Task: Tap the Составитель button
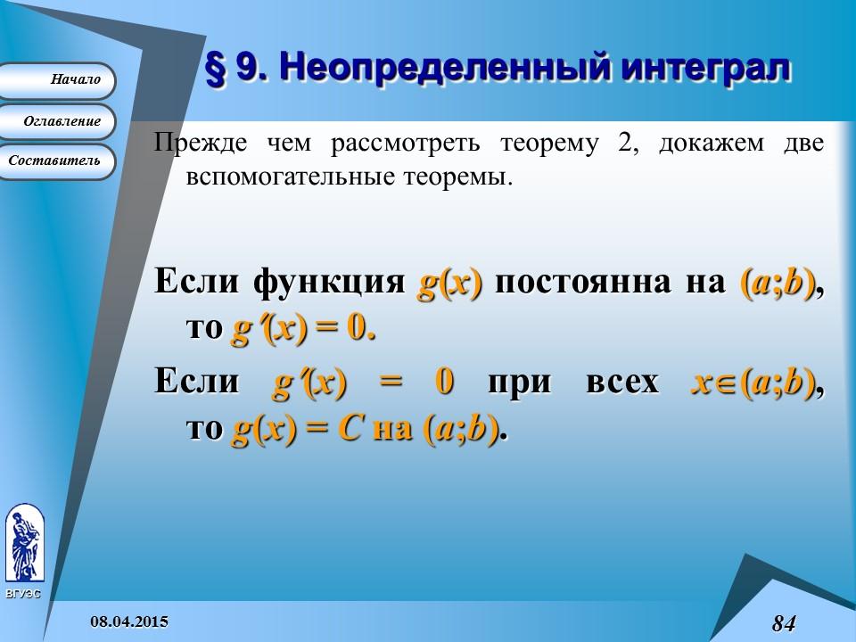[55, 161]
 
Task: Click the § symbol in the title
[216, 70]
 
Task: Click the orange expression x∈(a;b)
[753, 383]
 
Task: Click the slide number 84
[783, 623]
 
